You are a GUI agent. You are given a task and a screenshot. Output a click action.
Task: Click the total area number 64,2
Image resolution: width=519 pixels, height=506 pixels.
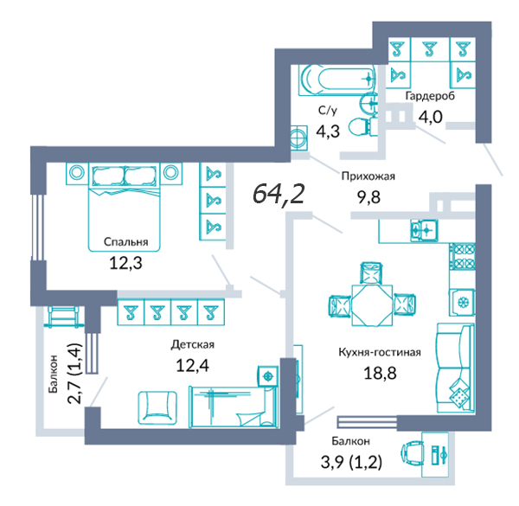[279, 195]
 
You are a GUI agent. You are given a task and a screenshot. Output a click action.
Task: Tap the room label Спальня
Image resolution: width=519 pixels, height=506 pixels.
[125, 242]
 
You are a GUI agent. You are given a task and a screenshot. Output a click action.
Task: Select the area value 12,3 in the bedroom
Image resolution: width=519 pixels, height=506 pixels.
[125, 263]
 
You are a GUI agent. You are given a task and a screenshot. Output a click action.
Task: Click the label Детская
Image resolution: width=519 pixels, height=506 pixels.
[192, 344]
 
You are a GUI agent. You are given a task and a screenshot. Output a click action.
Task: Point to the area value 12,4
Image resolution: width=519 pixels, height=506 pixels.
[192, 366]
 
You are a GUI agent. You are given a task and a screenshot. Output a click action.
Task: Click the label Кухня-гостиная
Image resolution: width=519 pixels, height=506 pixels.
[380, 352]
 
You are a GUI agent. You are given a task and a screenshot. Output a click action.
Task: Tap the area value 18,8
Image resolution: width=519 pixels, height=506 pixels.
[380, 374]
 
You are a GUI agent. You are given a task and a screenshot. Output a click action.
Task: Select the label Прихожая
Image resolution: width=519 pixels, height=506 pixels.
[368, 176]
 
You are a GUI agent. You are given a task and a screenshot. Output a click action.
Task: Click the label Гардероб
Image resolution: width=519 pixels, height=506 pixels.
[430, 96]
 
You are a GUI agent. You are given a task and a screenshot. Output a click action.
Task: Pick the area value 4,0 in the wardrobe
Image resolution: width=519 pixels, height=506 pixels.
[430, 117]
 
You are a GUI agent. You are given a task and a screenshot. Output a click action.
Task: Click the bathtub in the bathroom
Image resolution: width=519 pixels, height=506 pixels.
[337, 80]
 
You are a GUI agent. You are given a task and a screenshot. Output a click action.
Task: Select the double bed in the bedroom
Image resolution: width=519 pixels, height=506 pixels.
[125, 208]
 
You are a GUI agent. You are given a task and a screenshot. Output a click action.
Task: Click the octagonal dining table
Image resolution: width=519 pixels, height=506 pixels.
[372, 305]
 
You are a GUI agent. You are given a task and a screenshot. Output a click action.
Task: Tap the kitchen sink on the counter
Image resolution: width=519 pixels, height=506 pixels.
[425, 230]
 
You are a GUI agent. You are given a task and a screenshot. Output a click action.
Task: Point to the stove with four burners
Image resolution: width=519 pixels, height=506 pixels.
[463, 257]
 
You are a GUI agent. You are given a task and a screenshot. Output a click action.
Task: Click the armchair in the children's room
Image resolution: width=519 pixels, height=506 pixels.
[157, 408]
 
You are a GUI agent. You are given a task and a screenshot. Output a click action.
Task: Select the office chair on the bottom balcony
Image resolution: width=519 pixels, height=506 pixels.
[413, 453]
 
